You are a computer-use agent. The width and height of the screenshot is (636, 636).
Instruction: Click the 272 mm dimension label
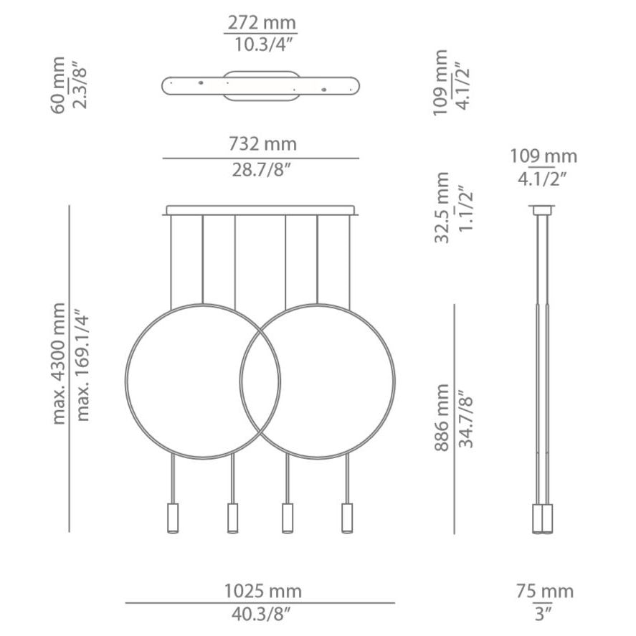tap(262, 23)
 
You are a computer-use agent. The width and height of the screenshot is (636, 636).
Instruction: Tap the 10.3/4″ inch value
tap(262, 44)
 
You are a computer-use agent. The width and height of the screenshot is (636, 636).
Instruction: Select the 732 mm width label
tap(262, 145)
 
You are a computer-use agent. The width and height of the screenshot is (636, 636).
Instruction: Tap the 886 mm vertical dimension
tap(442, 417)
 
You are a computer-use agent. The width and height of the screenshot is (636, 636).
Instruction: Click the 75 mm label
tap(544, 592)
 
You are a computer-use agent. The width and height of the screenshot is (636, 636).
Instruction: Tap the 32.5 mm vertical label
tap(442, 208)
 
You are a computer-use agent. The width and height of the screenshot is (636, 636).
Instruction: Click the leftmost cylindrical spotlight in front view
tap(173, 518)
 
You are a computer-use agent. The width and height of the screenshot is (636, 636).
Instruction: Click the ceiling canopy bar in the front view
tap(261, 211)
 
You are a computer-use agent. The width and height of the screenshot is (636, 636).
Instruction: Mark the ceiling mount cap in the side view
tap(542, 210)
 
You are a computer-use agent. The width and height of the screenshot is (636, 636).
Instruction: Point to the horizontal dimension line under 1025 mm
tap(260, 603)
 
